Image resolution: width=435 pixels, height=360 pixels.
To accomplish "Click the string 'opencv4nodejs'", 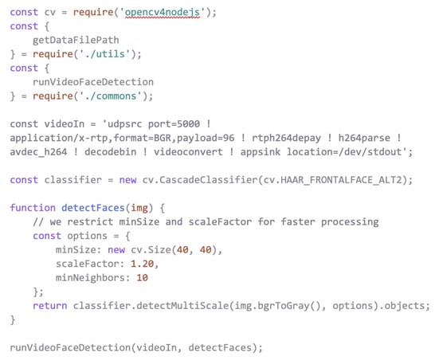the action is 162,13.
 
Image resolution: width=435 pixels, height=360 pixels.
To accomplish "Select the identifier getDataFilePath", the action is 76,40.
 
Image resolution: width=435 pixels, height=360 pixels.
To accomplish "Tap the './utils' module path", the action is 105,54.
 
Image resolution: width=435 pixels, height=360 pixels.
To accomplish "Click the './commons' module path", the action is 111,96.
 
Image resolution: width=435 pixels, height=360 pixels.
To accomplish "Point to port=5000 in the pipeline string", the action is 174,124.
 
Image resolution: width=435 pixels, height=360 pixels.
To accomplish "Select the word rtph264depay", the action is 286,138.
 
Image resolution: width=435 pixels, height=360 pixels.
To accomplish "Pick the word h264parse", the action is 364,138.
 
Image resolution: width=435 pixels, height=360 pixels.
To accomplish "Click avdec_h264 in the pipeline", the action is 38,152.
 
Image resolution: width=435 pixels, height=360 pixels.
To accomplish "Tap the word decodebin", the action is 111,152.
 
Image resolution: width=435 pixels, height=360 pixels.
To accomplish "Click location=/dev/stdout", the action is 344,152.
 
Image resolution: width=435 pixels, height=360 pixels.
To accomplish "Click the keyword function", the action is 33,208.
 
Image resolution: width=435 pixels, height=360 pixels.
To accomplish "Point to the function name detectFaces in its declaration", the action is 93,208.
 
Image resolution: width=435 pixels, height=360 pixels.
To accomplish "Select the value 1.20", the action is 142,264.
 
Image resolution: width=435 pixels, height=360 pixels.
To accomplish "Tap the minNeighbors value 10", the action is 142,278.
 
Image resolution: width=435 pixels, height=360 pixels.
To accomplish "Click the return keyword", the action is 50,306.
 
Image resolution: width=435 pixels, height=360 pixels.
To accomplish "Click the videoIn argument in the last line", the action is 156,348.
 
